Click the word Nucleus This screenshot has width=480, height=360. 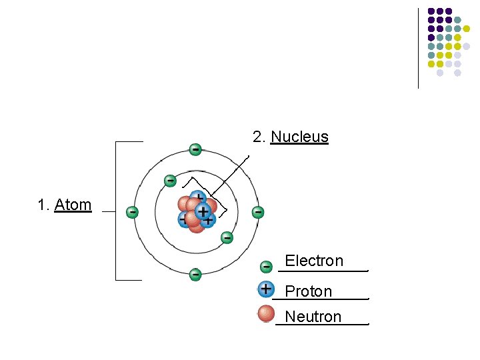(x=299, y=137)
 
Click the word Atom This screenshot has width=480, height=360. (x=73, y=205)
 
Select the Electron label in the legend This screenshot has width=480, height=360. (x=314, y=261)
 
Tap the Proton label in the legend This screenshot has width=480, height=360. (x=308, y=291)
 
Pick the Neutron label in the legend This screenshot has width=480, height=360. (x=313, y=317)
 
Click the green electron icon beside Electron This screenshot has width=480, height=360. (x=266, y=267)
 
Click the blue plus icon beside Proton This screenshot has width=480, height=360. (x=266, y=289)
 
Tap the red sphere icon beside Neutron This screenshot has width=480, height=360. (x=266, y=313)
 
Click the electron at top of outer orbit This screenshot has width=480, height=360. (x=195, y=149)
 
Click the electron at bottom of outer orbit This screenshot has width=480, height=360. (x=195, y=274)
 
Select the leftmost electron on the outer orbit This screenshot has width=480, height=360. (x=133, y=212)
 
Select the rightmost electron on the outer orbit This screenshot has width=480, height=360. (x=257, y=212)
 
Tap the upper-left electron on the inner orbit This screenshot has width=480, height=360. (x=171, y=181)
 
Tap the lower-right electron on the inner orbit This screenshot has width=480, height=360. (x=227, y=237)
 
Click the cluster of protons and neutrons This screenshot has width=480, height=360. (x=196, y=212)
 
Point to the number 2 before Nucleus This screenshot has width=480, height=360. (x=259, y=137)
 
